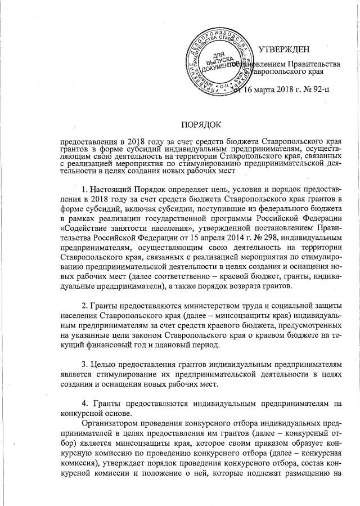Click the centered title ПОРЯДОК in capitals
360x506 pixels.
click(x=201, y=123)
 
